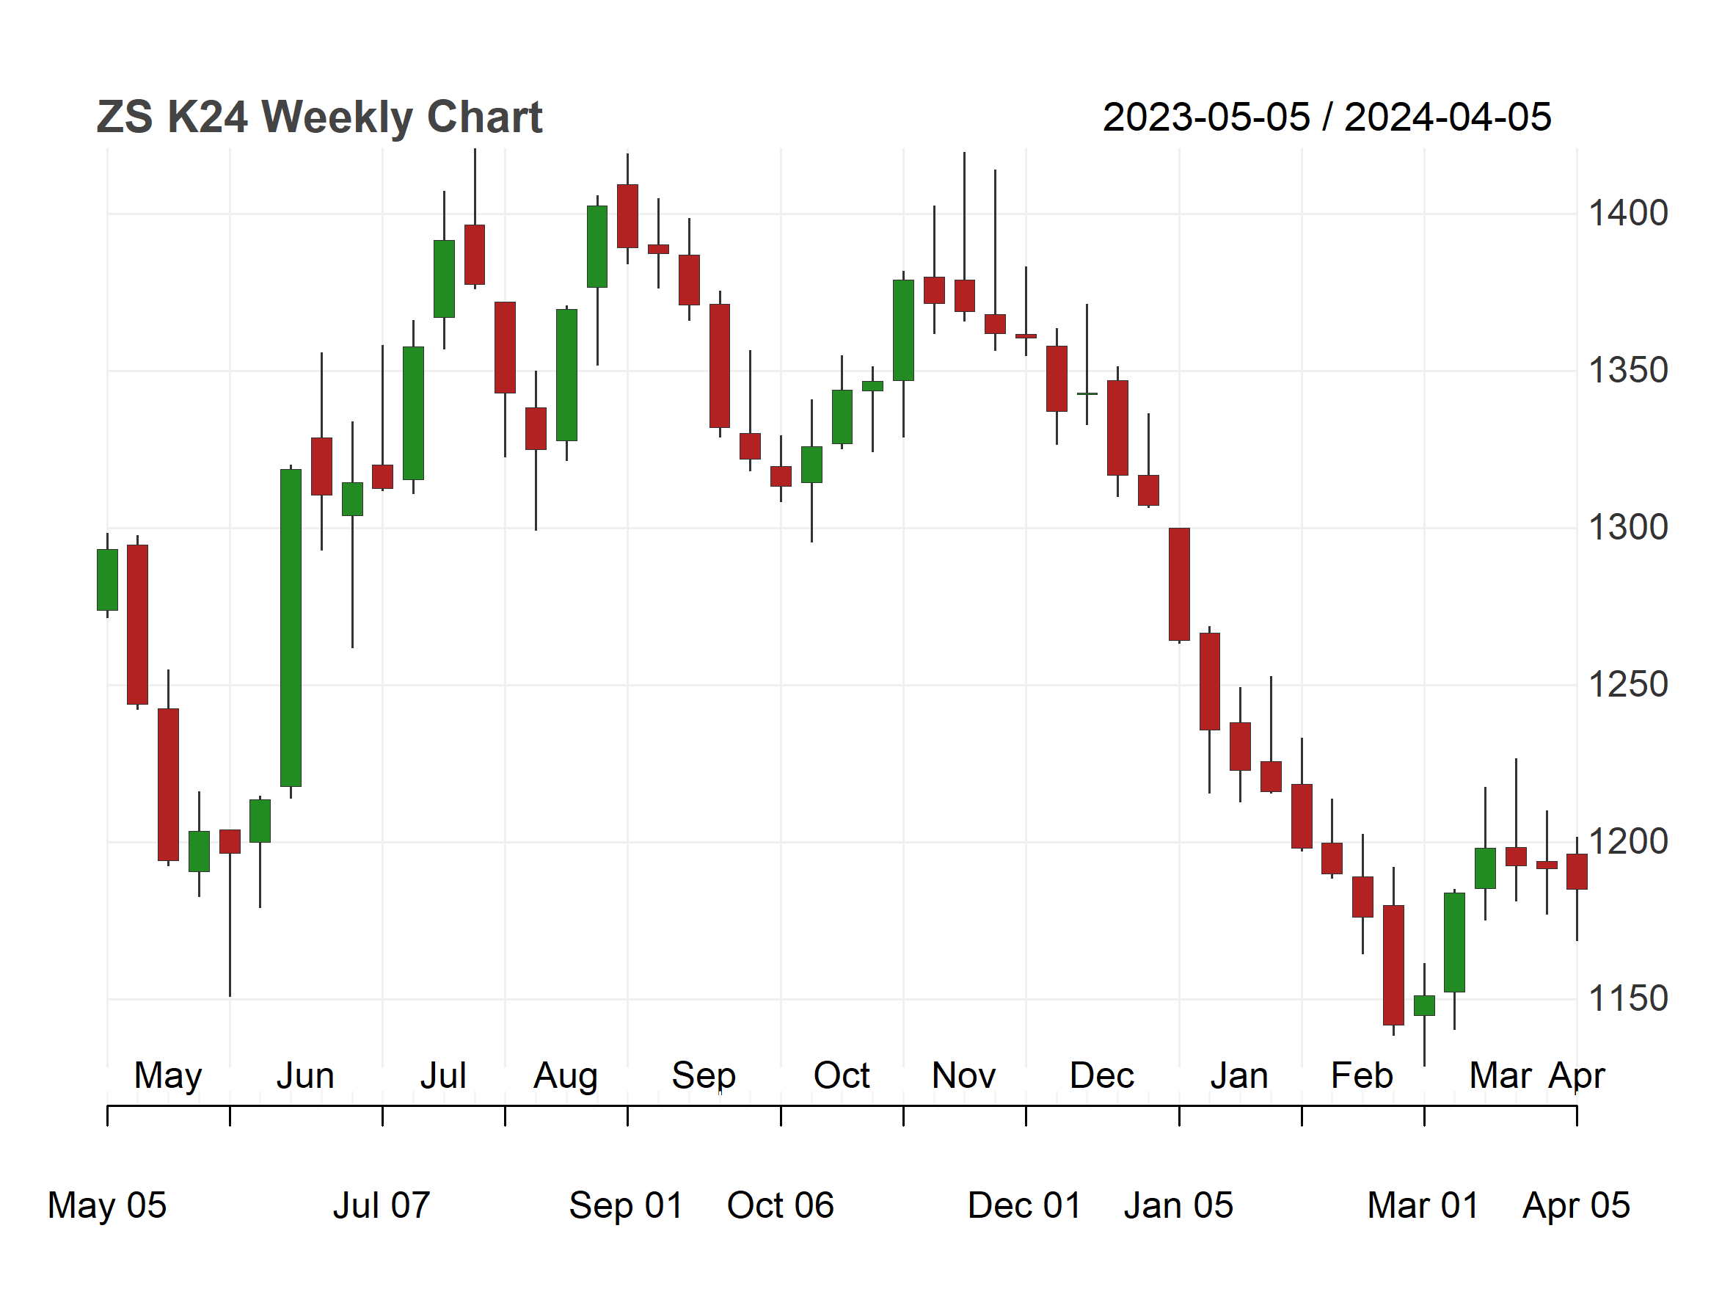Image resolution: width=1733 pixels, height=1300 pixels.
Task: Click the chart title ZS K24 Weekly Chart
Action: coord(319,117)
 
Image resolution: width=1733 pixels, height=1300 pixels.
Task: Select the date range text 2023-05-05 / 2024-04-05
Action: coord(1327,117)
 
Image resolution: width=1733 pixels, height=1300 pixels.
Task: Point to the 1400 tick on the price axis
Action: coord(1627,213)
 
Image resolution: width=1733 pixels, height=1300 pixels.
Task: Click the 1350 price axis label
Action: coord(1627,371)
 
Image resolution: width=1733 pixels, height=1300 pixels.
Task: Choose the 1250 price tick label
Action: coord(1627,685)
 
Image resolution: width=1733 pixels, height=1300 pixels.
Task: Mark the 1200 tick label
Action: coord(1627,843)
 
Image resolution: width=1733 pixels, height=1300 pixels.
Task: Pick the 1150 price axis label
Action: coord(1627,999)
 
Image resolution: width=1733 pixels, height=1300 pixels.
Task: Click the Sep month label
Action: coord(704,1077)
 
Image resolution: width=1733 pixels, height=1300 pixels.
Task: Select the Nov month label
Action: coord(963,1075)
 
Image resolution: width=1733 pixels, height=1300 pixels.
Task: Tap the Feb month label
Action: coord(1362,1075)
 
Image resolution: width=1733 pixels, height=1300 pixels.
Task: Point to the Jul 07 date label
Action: coord(382,1205)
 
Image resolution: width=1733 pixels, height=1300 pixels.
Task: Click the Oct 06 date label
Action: coord(781,1205)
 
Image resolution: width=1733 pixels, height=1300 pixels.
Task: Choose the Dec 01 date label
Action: coord(1025,1205)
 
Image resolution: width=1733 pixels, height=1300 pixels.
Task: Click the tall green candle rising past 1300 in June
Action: coord(291,628)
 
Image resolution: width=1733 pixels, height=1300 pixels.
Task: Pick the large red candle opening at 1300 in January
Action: coord(1178,584)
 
